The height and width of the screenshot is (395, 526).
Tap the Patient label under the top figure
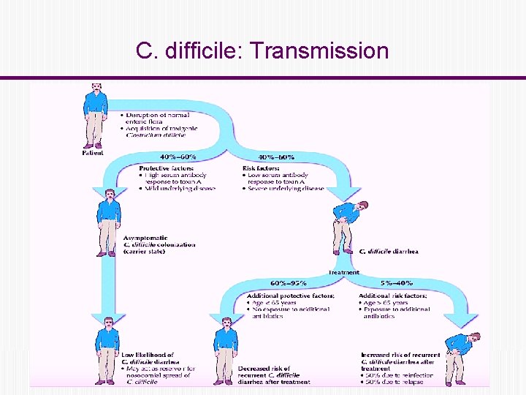click(93, 153)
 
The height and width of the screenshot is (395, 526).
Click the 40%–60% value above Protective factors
click(178, 157)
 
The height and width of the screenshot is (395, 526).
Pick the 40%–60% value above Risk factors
click(277, 157)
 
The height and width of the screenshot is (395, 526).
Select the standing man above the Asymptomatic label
click(108, 221)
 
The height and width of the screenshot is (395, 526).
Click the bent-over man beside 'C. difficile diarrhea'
click(346, 223)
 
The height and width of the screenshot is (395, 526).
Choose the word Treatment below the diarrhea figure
click(343, 272)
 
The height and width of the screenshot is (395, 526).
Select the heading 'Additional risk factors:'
click(393, 296)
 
